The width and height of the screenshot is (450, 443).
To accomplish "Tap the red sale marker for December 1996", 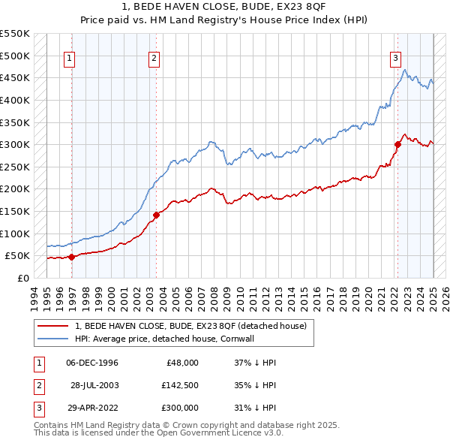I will [72, 257].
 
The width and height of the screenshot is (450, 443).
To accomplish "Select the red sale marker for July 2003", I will [156, 215].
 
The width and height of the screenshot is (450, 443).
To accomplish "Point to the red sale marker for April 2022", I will [397, 145].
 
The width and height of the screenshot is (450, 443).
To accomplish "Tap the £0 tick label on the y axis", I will [22, 278].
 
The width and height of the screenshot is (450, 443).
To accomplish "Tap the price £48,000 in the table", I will [180, 363].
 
